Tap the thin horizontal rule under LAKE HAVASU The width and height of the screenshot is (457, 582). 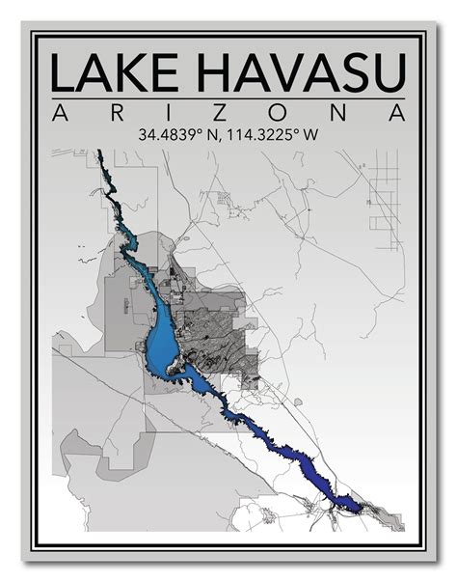228,97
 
